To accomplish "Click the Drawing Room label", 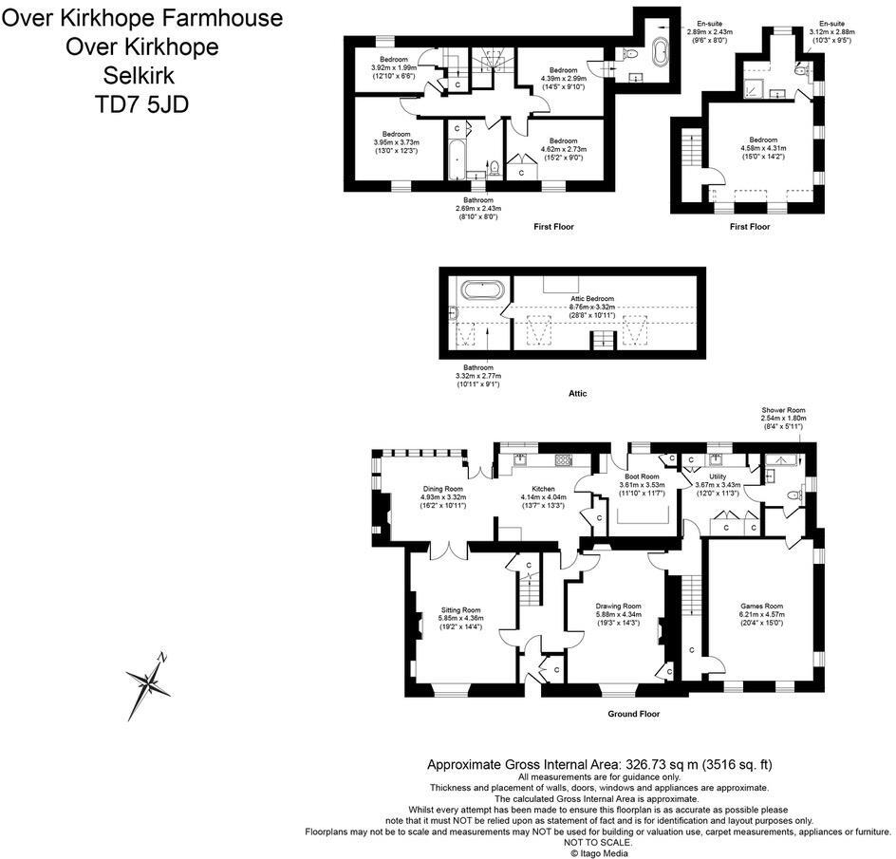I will click(x=618, y=606).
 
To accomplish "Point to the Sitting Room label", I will click(x=460, y=610).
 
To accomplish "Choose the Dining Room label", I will click(x=442, y=489).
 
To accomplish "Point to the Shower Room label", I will click(x=783, y=410).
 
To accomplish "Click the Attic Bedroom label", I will click(x=593, y=299).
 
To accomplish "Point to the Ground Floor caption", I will click(x=633, y=714).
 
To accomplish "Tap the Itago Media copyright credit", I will click(x=599, y=852).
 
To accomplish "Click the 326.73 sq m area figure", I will click(x=653, y=764).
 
